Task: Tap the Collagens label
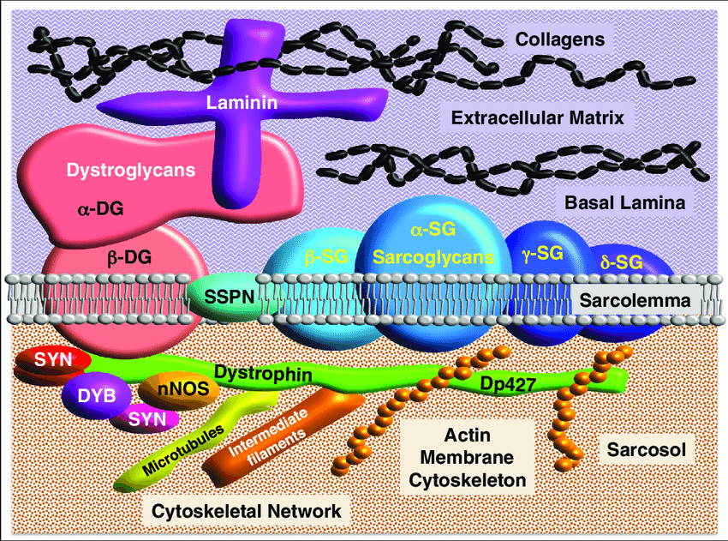pos(555,39)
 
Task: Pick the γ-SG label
pos(541,252)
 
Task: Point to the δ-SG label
pos(621,261)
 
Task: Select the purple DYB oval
pos(96,395)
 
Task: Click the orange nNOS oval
pos(177,388)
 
